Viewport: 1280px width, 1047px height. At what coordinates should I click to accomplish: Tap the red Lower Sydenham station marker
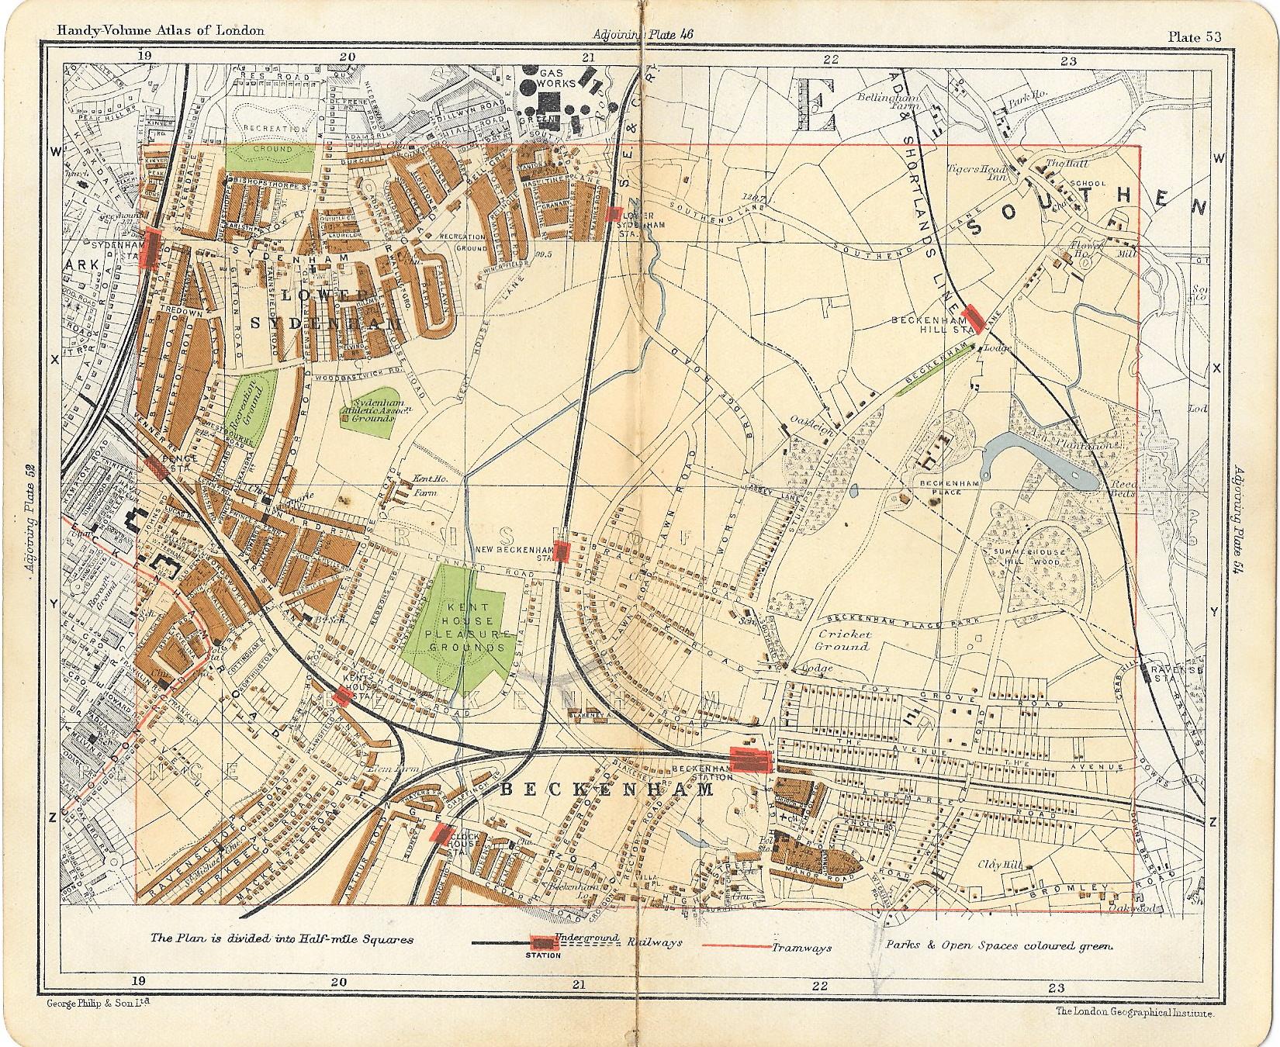pyautogui.click(x=614, y=213)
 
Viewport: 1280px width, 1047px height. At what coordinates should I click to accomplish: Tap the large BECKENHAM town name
pyautogui.click(x=605, y=790)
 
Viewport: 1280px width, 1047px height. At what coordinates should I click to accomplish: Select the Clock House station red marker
pyautogui.click(x=441, y=833)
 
